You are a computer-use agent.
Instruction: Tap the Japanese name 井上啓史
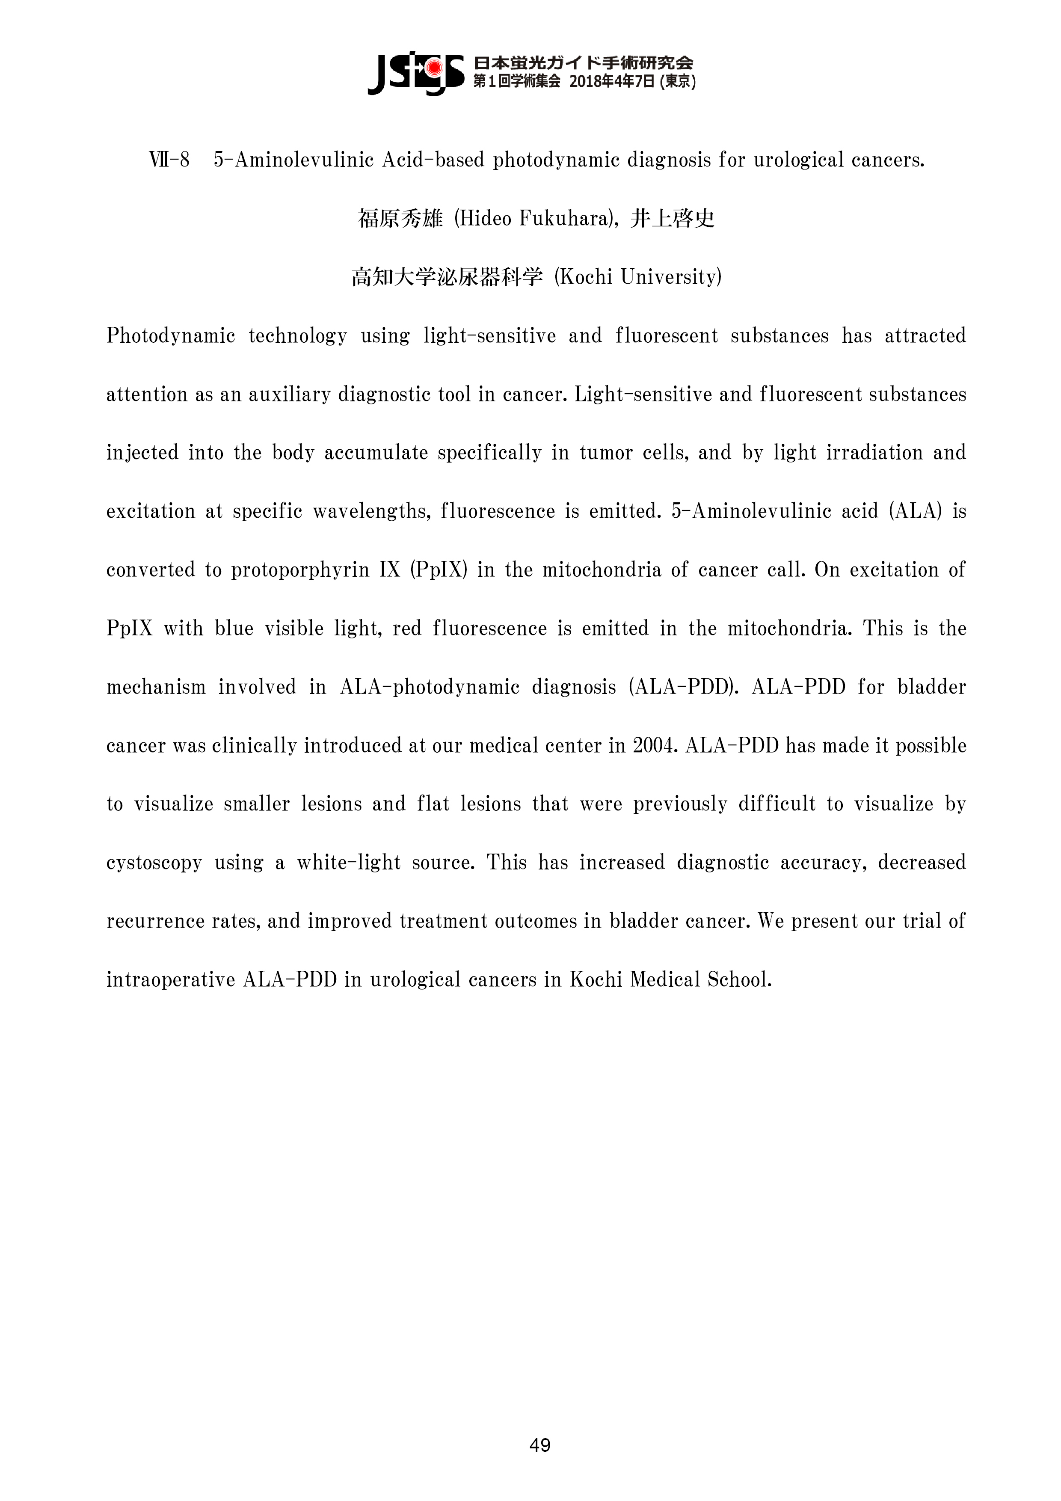(673, 218)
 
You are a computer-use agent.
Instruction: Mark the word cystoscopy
(154, 862)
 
